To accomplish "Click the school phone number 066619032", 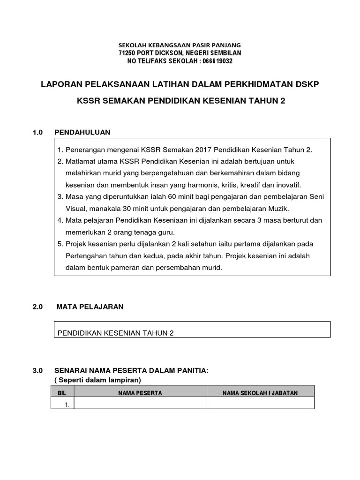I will tap(217, 61).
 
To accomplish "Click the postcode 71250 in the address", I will tap(128, 53).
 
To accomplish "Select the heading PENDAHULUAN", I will tap(82, 132).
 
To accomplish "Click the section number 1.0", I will tap(37, 132).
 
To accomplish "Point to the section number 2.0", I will tap(37, 307).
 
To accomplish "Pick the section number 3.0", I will tap(37, 371).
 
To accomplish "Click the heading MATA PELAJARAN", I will tap(90, 307).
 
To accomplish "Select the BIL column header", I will tap(62, 393).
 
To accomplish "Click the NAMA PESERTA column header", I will tap(140, 393).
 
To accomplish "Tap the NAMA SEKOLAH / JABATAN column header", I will tap(260, 393).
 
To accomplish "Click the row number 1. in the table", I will tap(67, 404).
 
